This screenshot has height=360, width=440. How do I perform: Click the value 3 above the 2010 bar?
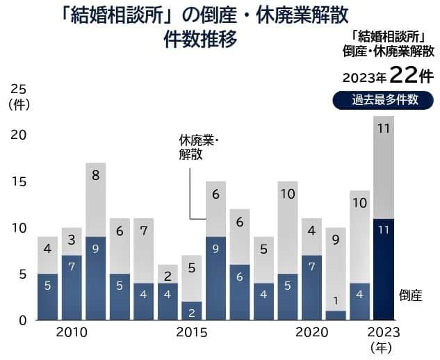[72, 240]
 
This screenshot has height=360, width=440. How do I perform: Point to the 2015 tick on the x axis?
[191, 333]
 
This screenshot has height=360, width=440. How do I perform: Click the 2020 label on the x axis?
[311, 333]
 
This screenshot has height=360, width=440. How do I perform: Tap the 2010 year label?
[72, 333]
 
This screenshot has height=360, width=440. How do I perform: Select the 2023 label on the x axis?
[383, 333]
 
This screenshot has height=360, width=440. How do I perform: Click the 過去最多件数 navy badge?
[384, 99]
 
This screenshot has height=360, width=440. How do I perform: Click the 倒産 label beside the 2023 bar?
[411, 295]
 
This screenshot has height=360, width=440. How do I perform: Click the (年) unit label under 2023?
[383, 347]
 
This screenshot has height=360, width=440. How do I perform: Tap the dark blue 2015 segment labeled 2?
[191, 311]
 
